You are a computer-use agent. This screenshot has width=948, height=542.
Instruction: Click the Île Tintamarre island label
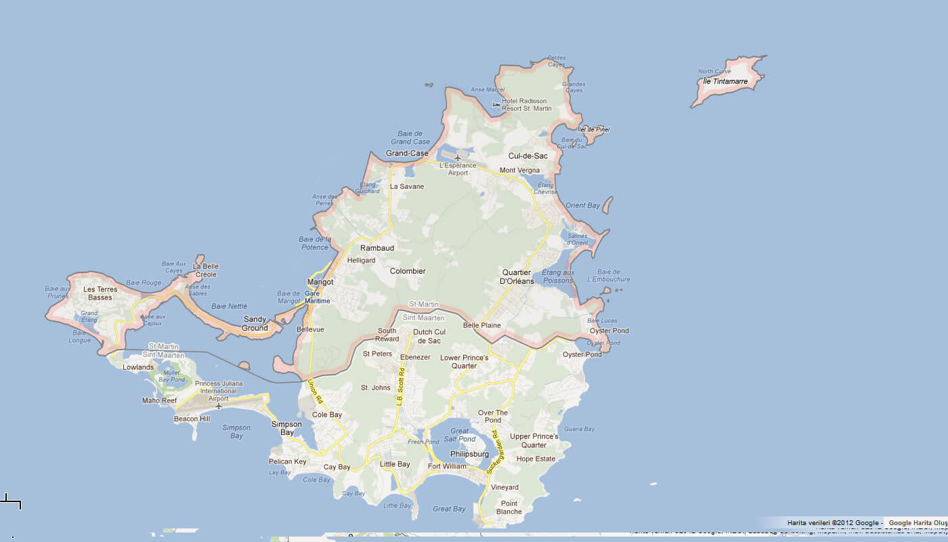(x=725, y=81)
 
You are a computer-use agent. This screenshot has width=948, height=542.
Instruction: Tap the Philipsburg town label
(x=469, y=454)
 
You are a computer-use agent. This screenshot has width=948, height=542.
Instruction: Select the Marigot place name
(x=320, y=282)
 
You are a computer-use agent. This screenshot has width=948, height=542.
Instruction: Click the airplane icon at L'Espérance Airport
(x=458, y=157)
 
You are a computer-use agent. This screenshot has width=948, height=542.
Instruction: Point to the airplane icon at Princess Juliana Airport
(x=218, y=406)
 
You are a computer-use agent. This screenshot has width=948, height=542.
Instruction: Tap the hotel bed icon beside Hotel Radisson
(x=496, y=105)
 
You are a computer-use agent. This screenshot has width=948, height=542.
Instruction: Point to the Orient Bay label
(x=582, y=205)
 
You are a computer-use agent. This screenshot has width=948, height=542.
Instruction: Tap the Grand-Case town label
(x=407, y=153)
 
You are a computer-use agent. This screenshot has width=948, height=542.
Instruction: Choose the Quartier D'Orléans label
(x=517, y=276)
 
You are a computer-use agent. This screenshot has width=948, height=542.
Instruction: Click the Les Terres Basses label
(x=100, y=293)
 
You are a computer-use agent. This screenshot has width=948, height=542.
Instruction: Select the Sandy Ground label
(x=255, y=324)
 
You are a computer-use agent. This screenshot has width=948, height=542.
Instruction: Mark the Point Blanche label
(x=509, y=507)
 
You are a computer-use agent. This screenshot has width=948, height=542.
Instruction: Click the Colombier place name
(x=408, y=271)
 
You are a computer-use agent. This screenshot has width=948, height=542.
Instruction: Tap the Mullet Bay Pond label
(x=171, y=376)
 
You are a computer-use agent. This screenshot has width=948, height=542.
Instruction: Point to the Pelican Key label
(x=287, y=461)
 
